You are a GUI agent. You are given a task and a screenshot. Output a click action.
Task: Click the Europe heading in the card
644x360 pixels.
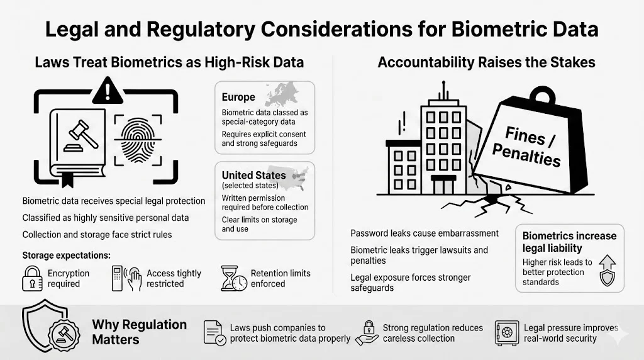[x=238, y=98]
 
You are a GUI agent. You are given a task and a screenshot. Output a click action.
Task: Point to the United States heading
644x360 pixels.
[x=253, y=175]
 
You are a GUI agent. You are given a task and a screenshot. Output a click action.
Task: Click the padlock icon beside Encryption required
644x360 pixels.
[x=32, y=278]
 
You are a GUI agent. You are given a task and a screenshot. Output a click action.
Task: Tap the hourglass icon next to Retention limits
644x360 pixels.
[x=233, y=279]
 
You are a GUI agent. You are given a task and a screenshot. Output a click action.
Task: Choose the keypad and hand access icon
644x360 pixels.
[x=125, y=278]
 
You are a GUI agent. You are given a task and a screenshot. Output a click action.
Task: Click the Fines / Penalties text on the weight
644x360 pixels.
[x=525, y=144]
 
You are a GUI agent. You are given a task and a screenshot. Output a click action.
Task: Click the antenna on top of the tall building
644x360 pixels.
[x=443, y=92]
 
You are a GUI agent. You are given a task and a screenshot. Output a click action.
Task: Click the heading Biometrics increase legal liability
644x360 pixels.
[x=569, y=242]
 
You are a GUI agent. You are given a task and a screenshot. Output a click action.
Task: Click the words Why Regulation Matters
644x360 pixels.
[x=139, y=332]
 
